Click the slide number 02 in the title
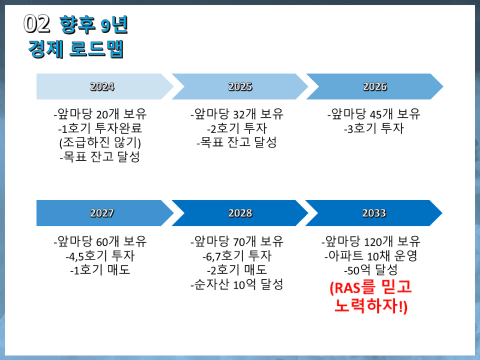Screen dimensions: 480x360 tap(36, 24)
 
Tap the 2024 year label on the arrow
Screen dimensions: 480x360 tap(102, 87)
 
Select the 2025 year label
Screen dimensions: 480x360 tap(240, 87)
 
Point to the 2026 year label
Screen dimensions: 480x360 tap(375, 87)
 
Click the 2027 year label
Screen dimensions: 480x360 tap(102, 213)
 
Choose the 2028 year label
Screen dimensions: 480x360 tap(240, 213)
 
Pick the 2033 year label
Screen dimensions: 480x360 tap(374, 213)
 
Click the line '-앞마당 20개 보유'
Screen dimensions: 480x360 tap(100, 114)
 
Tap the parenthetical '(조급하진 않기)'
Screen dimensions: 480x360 tap(100, 143)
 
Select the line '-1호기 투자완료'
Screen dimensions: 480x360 tap(100, 128)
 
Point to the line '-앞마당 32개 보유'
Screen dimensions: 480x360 tap(237, 114)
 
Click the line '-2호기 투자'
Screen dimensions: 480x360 tap(237, 128)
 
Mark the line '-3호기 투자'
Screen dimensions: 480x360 tap(374, 128)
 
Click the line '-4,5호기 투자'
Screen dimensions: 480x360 tap(100, 256)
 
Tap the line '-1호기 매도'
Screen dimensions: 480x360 tap(100, 270)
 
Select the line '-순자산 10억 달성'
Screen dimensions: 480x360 tap(237, 284)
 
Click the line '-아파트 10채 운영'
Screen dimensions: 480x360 tap(371, 256)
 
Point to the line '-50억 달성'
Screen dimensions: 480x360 tap(371, 270)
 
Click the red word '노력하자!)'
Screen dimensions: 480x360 tap(371, 305)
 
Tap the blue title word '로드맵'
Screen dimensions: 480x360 tap(97, 48)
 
